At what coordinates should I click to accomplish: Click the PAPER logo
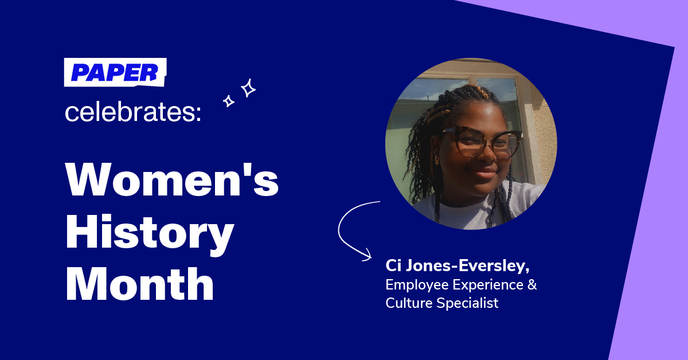pos(115,72)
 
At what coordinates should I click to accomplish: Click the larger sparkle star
pos(248,88)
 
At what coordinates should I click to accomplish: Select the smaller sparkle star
pos(229,101)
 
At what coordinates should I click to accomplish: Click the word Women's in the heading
pos(172,179)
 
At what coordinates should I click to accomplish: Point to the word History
pos(150,233)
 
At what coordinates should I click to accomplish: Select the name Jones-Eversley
pos(467,266)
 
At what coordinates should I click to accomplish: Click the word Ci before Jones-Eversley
pos(393,265)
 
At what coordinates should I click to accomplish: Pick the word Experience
pos(488,285)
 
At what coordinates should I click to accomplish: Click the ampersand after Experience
pos(532,284)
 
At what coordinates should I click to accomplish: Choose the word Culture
pos(409,303)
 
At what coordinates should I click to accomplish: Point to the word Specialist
pos(467,303)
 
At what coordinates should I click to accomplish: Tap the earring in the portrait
pos(436,160)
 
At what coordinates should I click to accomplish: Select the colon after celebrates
pos(198,114)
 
